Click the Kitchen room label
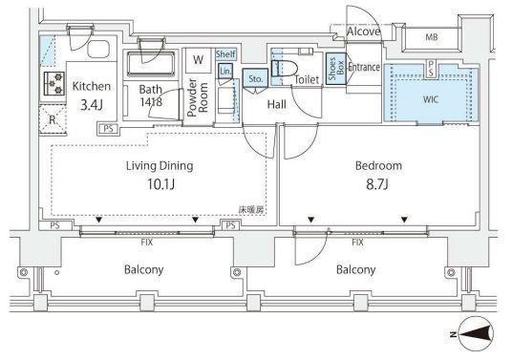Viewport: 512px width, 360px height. (x=92, y=86)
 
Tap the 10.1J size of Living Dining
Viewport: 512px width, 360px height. (x=160, y=184)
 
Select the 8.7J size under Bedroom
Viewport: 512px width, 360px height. (x=377, y=184)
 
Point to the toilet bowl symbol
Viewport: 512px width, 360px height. (x=285, y=69)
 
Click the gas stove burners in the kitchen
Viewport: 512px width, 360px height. (x=53, y=83)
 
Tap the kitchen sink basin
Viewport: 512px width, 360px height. (x=98, y=49)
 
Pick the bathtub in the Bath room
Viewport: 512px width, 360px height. (x=151, y=63)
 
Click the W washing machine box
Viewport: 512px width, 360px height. (x=198, y=60)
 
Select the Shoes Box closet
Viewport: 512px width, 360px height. (x=336, y=69)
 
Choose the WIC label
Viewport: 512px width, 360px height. (x=431, y=99)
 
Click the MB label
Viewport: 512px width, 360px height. (x=432, y=37)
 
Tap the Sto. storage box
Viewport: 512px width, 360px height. (x=255, y=78)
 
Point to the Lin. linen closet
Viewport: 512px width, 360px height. (x=225, y=72)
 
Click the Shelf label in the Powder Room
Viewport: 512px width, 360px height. (x=225, y=53)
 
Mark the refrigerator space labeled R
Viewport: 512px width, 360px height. (x=53, y=119)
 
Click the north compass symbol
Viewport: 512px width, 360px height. (x=475, y=333)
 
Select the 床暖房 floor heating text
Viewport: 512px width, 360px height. (x=251, y=210)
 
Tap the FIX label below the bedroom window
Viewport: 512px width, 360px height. (x=357, y=243)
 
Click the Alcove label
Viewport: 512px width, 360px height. (x=363, y=32)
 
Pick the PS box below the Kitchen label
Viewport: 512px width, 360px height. (x=108, y=129)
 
